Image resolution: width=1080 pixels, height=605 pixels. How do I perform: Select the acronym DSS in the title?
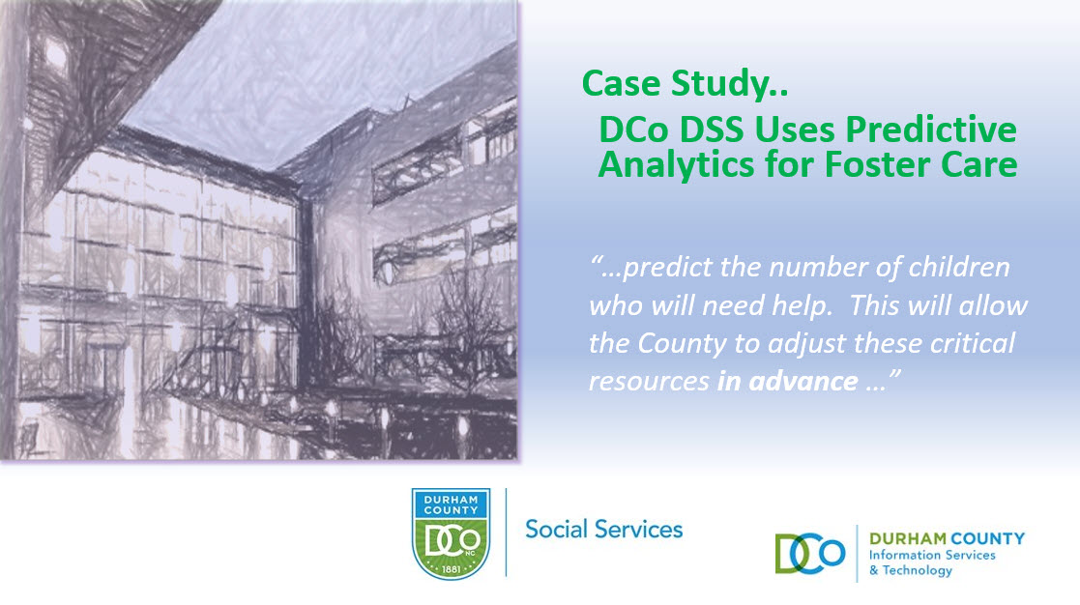(x=713, y=130)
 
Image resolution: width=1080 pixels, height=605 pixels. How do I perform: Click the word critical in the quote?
(x=973, y=343)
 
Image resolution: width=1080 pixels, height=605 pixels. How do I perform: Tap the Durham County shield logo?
(x=452, y=534)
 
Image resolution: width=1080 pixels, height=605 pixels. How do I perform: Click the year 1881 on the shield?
(x=452, y=569)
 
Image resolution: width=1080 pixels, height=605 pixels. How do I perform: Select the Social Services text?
(x=604, y=530)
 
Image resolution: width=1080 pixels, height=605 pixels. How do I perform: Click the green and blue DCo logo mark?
(x=810, y=554)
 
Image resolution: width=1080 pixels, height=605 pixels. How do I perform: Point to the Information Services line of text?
(x=932, y=555)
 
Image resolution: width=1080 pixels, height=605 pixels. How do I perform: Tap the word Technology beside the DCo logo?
(x=918, y=570)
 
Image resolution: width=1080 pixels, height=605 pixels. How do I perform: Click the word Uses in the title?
(x=795, y=130)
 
